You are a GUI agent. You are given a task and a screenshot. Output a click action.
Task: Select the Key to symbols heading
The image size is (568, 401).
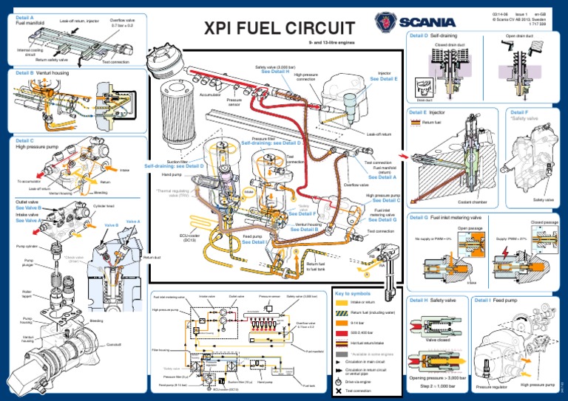point(354,293)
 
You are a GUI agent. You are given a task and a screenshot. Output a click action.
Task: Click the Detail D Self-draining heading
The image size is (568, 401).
point(433,35)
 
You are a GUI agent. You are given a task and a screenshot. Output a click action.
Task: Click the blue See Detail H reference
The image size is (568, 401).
point(275,72)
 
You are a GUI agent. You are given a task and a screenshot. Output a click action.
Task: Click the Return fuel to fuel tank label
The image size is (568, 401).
point(316,267)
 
